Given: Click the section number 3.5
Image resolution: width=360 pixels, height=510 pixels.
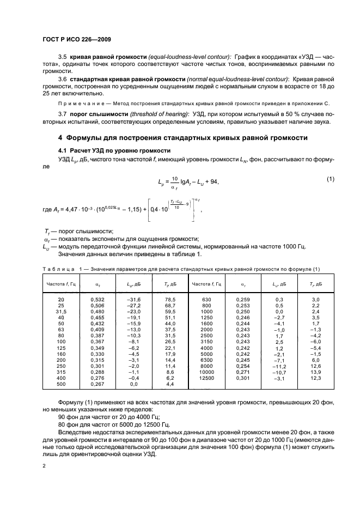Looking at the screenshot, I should pyautogui.click(x=63, y=57).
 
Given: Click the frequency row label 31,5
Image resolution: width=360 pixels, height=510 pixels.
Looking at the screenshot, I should pyautogui.click(x=61, y=312).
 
